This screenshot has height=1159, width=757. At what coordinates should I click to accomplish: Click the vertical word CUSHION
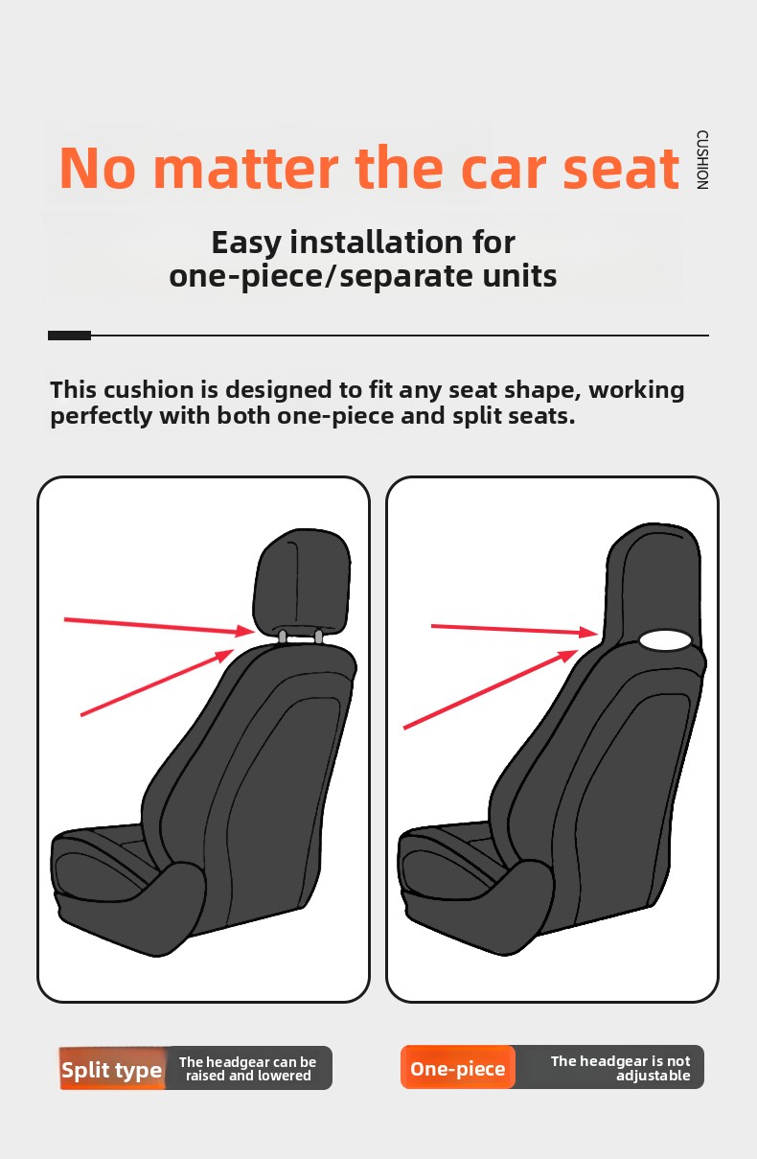(701, 160)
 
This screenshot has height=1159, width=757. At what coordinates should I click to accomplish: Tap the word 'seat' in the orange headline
(621, 168)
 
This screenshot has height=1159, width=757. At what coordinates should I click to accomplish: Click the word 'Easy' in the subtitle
(246, 243)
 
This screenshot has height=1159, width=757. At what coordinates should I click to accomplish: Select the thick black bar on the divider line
(69, 336)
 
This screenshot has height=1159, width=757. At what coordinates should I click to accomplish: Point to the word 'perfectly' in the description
(102, 416)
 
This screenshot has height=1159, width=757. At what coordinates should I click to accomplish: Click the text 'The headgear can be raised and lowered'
(247, 1069)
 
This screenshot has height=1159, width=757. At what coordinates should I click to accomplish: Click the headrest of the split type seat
(303, 581)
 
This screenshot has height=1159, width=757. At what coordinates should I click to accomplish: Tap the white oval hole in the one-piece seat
(664, 640)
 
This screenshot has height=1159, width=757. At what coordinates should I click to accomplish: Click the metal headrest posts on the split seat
(300, 637)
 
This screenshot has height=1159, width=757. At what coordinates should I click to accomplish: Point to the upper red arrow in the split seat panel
(159, 625)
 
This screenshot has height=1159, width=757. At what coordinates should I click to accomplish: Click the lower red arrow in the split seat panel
(157, 683)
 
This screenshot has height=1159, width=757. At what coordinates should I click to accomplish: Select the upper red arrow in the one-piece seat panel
(515, 629)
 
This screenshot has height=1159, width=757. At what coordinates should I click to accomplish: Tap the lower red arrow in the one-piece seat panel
(491, 689)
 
